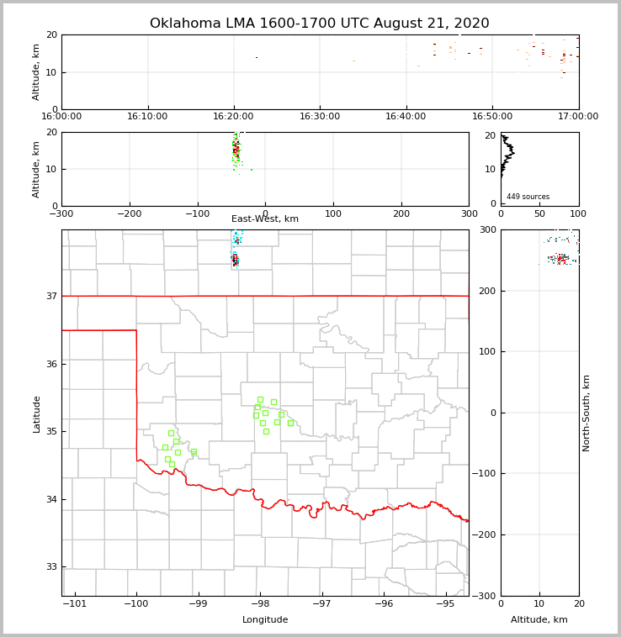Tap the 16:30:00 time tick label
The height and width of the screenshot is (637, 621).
[x=320, y=117]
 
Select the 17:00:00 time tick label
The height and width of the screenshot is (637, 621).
[x=578, y=117]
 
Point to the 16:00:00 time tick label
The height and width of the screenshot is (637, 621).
[x=62, y=117]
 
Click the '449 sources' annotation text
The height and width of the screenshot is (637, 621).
[x=528, y=197]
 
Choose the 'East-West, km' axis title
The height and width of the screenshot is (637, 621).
[x=265, y=219]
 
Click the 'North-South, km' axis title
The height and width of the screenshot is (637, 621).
[x=586, y=413]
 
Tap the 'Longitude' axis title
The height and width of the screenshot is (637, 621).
[x=265, y=620]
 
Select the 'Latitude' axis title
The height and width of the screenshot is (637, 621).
[x=36, y=413]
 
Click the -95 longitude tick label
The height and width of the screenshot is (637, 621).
[x=446, y=603]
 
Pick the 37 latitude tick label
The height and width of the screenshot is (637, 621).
[x=50, y=297]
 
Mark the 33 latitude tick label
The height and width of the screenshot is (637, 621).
[x=50, y=567]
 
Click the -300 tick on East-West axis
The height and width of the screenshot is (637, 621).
[x=62, y=213]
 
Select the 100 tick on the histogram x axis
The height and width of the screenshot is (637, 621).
[x=578, y=213]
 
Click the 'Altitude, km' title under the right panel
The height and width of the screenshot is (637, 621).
[x=539, y=620]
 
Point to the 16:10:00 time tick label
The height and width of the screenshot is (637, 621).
[x=148, y=117]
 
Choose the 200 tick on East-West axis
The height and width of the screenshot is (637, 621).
[x=401, y=213]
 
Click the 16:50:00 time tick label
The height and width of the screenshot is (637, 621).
[x=492, y=117]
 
